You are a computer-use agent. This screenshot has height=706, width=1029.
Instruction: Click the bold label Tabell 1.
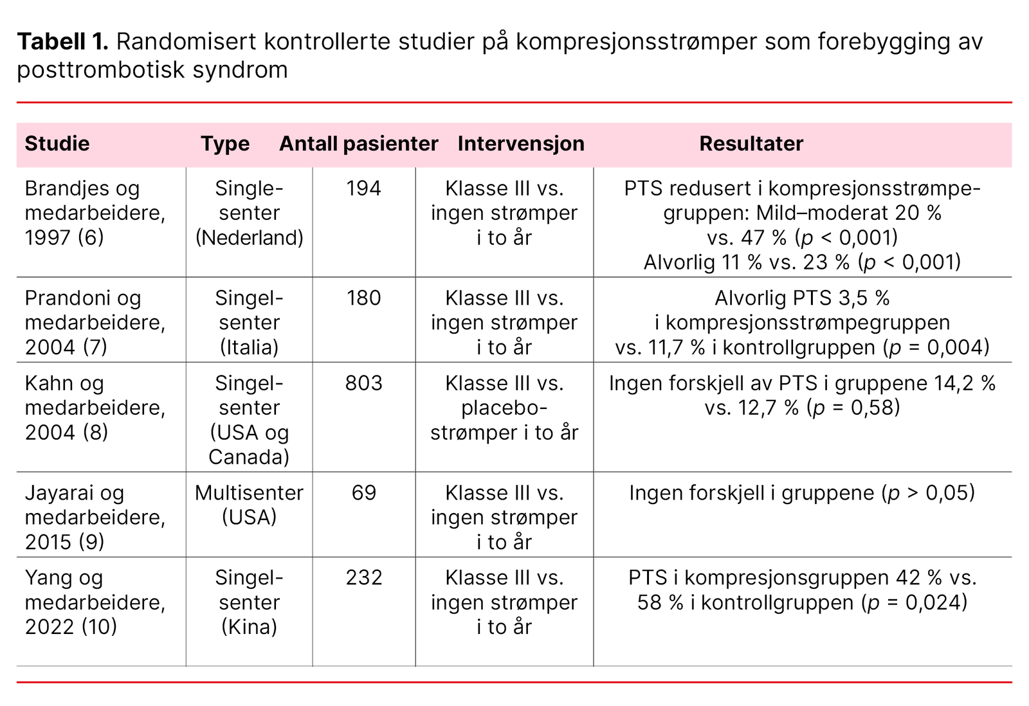point(62,42)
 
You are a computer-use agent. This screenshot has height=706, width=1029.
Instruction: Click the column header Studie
point(57,143)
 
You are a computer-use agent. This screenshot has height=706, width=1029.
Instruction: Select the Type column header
point(224,143)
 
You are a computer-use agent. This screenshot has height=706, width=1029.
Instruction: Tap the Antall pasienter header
point(358,143)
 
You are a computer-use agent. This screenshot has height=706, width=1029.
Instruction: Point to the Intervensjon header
point(521,143)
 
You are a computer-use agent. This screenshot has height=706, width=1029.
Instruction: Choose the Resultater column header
point(751,143)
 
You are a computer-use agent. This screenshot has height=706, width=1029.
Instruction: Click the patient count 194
point(363,188)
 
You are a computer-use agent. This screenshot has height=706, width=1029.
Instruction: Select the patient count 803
point(363,383)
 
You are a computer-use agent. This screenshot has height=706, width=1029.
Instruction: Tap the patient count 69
point(363,493)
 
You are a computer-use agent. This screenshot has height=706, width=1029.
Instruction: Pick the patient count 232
point(363,577)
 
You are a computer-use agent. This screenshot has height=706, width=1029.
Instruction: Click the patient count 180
point(363,298)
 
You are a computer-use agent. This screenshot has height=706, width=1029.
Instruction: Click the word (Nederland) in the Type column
point(249,238)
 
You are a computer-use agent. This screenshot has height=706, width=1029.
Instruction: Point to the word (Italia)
point(249,347)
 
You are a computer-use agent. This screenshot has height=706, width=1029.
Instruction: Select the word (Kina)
point(249,627)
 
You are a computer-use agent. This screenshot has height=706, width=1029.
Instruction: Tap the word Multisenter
point(249,493)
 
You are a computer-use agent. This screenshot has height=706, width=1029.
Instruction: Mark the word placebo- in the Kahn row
point(504,408)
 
